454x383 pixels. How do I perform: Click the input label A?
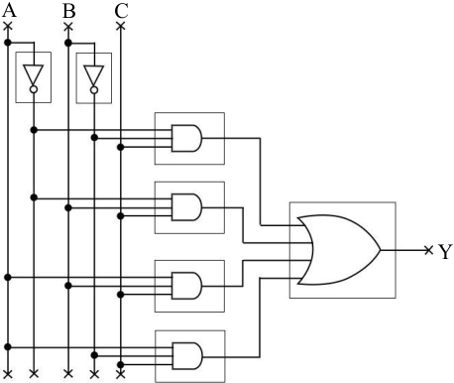[x=9, y=10]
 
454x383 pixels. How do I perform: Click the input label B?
[x=68, y=11]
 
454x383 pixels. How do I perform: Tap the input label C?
[x=121, y=11]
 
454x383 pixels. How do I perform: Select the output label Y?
[x=445, y=251]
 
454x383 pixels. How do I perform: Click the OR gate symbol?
[x=339, y=250]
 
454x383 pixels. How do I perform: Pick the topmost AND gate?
[x=186, y=138]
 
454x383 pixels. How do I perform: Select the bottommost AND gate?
[x=187, y=356]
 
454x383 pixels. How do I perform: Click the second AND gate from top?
[x=186, y=207]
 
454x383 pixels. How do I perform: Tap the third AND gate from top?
[x=186, y=286]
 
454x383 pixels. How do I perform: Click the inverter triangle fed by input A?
[x=34, y=75]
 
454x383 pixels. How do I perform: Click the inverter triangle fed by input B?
[x=94, y=75]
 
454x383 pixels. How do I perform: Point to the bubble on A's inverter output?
[x=34, y=89]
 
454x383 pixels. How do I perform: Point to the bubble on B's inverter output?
[x=94, y=90]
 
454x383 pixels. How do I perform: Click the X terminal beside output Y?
[x=428, y=250]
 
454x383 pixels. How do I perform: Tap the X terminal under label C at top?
[x=121, y=26]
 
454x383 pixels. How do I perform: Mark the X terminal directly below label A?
[x=8, y=26]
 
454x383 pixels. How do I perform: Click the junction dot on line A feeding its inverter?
[x=8, y=43]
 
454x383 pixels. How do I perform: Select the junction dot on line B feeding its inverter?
[x=68, y=43]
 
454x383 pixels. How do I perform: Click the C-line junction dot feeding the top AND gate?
[x=121, y=147]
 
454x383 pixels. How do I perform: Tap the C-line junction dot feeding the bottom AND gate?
[x=121, y=365]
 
